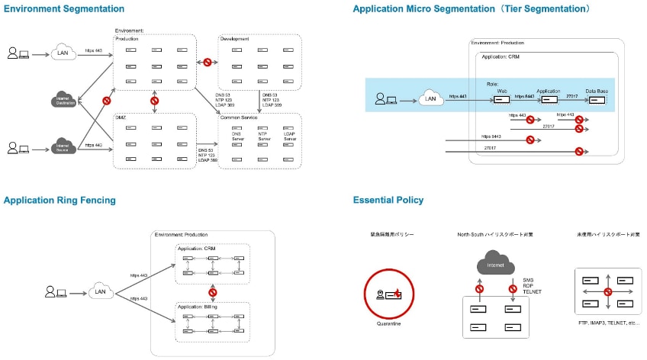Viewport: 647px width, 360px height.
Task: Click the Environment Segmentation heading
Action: coord(64,9)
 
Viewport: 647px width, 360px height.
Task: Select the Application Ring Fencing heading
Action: coord(60,201)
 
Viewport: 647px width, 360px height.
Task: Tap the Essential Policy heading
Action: coord(388,201)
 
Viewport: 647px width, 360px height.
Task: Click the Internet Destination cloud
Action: coord(66,99)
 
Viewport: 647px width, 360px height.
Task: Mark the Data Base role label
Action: coord(597,91)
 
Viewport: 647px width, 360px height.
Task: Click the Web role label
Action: coord(503,91)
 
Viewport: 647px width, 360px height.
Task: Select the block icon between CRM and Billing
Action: coord(214,292)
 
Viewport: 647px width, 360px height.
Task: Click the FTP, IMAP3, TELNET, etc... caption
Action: coord(608,323)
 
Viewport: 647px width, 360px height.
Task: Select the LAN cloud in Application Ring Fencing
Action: coord(99,291)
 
